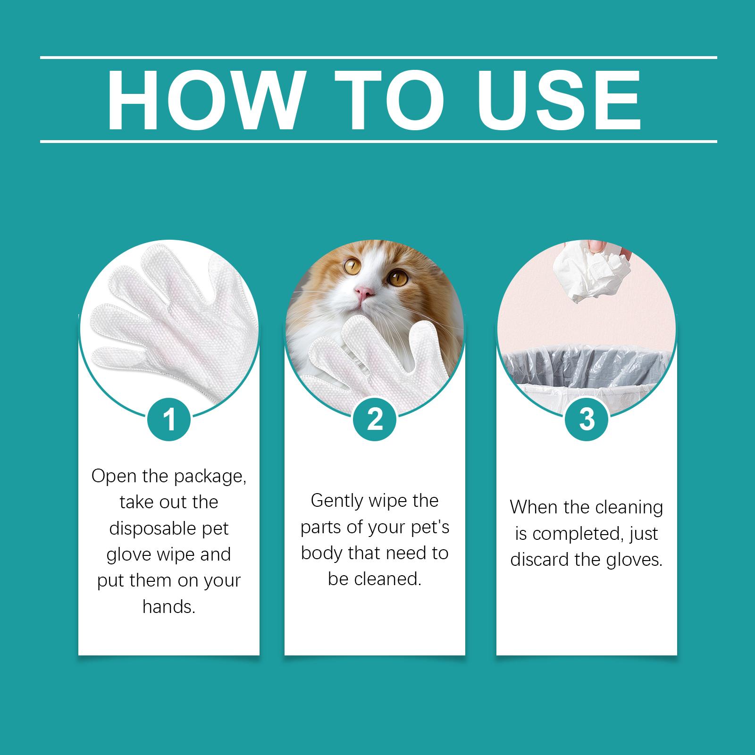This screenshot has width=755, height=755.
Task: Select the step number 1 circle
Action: [x=169, y=419]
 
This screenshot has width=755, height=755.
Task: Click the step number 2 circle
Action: [x=375, y=419]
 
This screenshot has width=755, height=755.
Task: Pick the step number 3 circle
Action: [x=587, y=419]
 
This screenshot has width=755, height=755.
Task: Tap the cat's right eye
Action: [x=397, y=277]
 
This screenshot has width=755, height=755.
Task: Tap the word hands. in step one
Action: [x=169, y=607]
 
